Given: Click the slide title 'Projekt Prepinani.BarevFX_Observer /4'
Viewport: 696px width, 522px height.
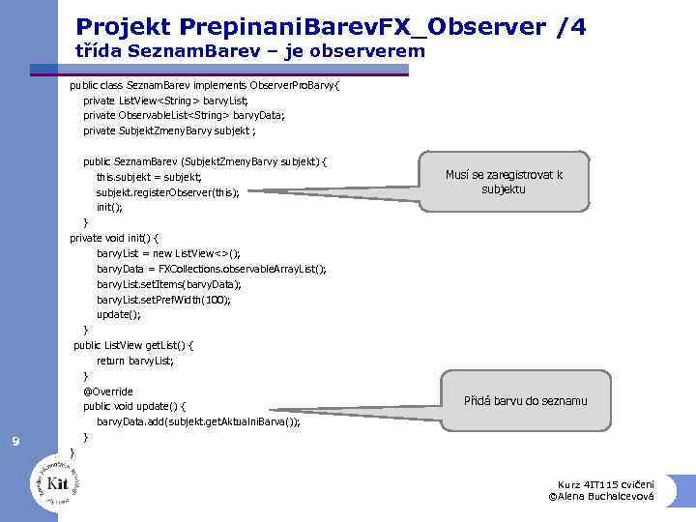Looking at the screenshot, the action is click(x=330, y=26).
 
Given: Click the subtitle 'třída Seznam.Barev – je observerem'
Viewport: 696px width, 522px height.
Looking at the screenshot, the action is click(x=249, y=51).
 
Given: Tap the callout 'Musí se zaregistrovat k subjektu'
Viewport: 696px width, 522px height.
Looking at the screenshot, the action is click(x=504, y=182).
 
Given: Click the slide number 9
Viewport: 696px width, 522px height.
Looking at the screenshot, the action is click(x=15, y=443).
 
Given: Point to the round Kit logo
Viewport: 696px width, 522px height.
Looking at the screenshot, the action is click(x=56, y=480).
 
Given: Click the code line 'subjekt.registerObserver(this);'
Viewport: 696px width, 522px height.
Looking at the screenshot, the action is click(x=167, y=192).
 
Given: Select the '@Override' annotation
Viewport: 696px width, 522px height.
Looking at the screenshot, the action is click(x=108, y=391).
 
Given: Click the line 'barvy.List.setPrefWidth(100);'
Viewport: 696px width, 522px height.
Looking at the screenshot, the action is click(x=163, y=300).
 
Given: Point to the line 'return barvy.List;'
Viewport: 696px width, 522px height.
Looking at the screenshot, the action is click(x=135, y=361).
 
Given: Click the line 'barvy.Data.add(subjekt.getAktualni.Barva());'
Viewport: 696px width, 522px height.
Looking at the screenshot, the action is click(x=198, y=421).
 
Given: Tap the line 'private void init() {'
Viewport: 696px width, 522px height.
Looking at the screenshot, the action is click(x=115, y=238).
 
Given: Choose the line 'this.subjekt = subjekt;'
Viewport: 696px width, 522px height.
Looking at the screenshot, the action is click(x=149, y=177).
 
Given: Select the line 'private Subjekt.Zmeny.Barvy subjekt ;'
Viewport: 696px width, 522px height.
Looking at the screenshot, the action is click(x=169, y=130).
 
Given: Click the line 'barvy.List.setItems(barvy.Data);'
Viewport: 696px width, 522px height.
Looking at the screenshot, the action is click(x=168, y=284).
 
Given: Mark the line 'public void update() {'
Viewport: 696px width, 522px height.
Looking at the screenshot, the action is click(x=135, y=406).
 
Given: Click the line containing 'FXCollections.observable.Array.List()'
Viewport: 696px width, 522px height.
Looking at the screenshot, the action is click(x=211, y=269).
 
